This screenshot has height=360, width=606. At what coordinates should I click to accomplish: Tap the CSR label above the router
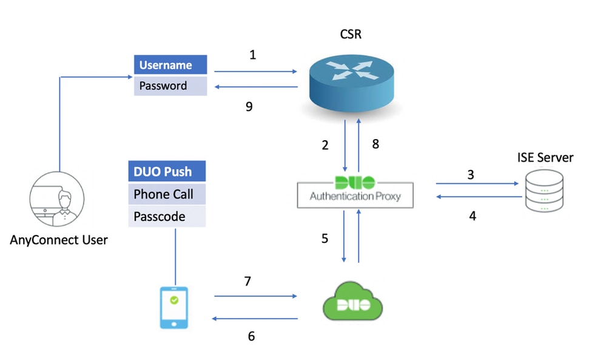[x=351, y=33]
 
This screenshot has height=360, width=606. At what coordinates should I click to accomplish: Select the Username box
[x=170, y=65]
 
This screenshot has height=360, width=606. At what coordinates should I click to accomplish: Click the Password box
[x=170, y=86]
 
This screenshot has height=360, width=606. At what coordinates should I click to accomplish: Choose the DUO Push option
[x=167, y=171]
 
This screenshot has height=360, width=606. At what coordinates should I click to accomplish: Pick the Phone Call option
[x=167, y=194]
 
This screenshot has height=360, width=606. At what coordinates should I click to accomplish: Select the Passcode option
[x=167, y=216]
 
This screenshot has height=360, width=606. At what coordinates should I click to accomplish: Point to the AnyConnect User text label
[x=59, y=240]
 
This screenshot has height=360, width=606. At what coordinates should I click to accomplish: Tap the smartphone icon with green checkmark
[x=173, y=307]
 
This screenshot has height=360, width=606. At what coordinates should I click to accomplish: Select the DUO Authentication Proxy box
[x=355, y=191]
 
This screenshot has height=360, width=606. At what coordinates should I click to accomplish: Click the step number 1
[x=253, y=55]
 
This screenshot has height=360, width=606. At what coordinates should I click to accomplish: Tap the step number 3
[x=470, y=175]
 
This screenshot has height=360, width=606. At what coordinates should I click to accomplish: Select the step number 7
[x=247, y=281]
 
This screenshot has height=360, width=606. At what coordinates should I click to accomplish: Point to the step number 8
[x=375, y=144]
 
